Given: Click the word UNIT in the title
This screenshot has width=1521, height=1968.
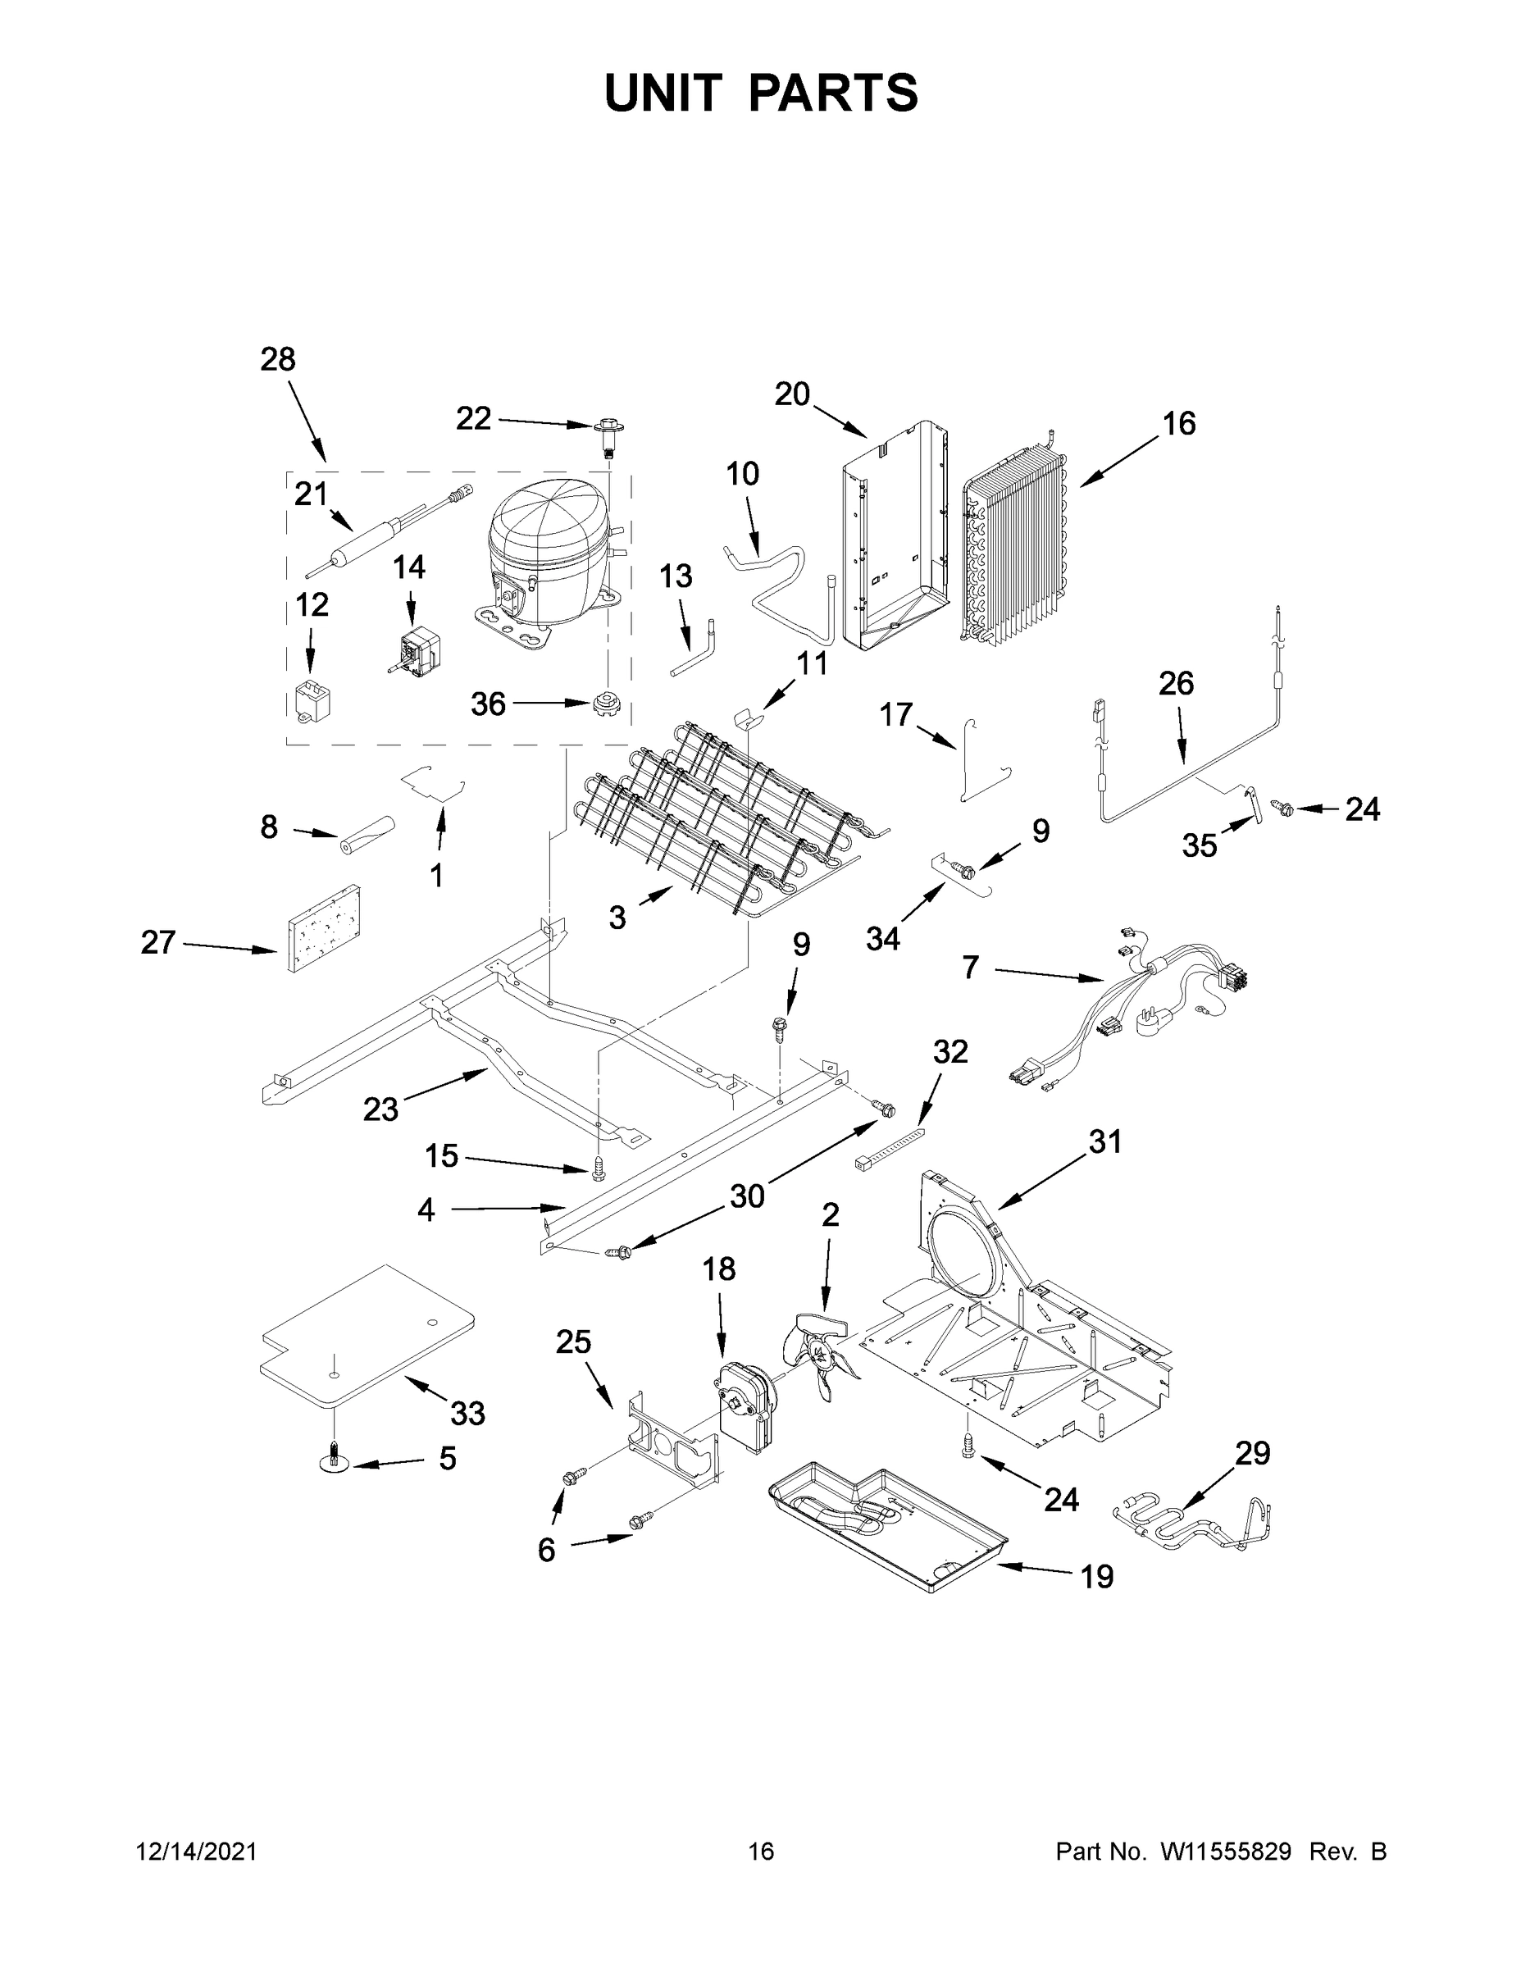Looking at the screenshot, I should point(663,93).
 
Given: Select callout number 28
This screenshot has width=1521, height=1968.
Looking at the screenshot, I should point(277,359).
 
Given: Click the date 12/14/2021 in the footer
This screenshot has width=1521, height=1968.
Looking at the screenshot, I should point(197,1852).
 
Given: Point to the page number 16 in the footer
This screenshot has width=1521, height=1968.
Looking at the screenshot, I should point(761,1852).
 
